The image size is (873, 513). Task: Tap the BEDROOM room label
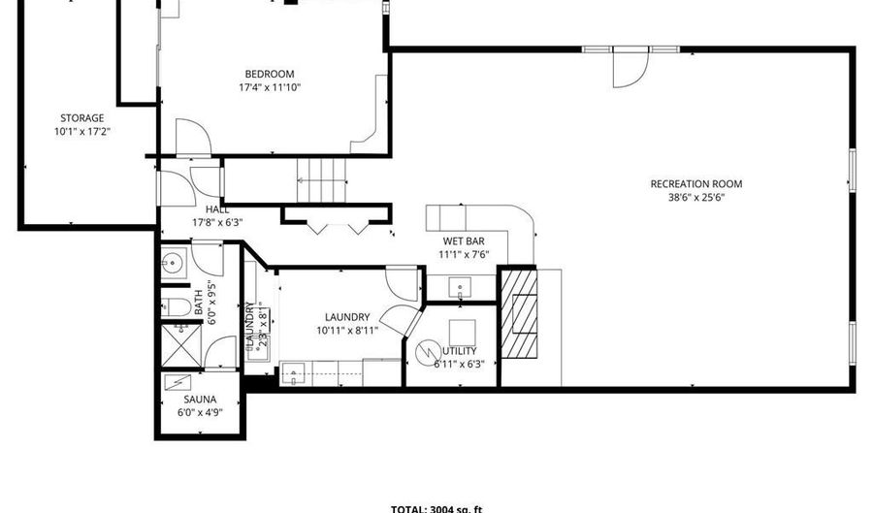pyautogui.click(x=269, y=74)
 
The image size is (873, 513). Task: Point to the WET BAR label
pyautogui.click(x=463, y=241)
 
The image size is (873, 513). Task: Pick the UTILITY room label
pyautogui.click(x=460, y=351)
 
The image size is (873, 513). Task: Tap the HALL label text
pyautogui.click(x=217, y=208)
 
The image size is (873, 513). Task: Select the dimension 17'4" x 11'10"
pyautogui.click(x=269, y=87)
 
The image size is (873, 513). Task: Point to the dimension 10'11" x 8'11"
pyautogui.click(x=346, y=330)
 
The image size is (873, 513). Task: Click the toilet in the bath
pyautogui.click(x=178, y=307)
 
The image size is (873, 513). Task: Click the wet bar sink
pyautogui.click(x=460, y=286)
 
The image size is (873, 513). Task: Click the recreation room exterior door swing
pyautogui.click(x=628, y=67)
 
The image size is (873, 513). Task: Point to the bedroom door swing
pyautogui.click(x=188, y=135)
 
